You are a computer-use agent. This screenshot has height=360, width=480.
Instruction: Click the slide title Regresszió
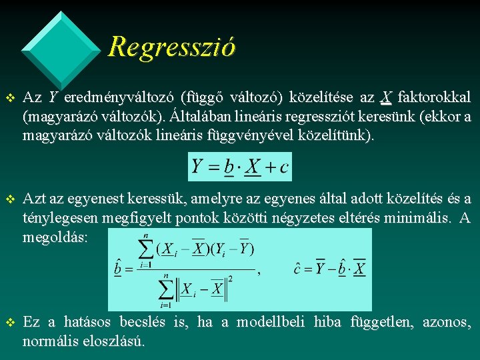pyautogui.click(x=171, y=47)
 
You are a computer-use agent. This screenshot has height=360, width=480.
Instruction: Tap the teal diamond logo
pyautogui.click(x=61, y=41)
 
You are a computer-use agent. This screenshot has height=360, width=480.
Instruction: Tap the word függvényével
pyautogui.click(x=255, y=135)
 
